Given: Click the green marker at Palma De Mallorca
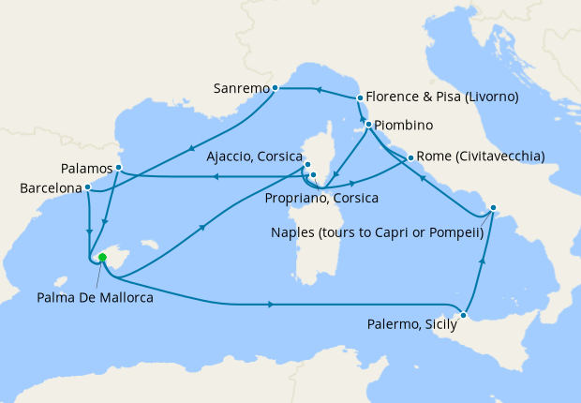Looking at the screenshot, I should (102, 258).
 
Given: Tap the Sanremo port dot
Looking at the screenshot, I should (276, 88).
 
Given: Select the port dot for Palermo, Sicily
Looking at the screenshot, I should (463, 315).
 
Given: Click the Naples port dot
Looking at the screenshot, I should (494, 208).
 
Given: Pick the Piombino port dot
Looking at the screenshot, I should (368, 125).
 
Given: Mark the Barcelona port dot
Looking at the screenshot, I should (87, 187).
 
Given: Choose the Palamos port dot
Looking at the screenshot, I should (119, 168).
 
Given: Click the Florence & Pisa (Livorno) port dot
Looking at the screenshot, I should (360, 97).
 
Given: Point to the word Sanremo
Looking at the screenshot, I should (241, 89).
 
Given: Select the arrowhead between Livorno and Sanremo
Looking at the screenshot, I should (318, 91).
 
